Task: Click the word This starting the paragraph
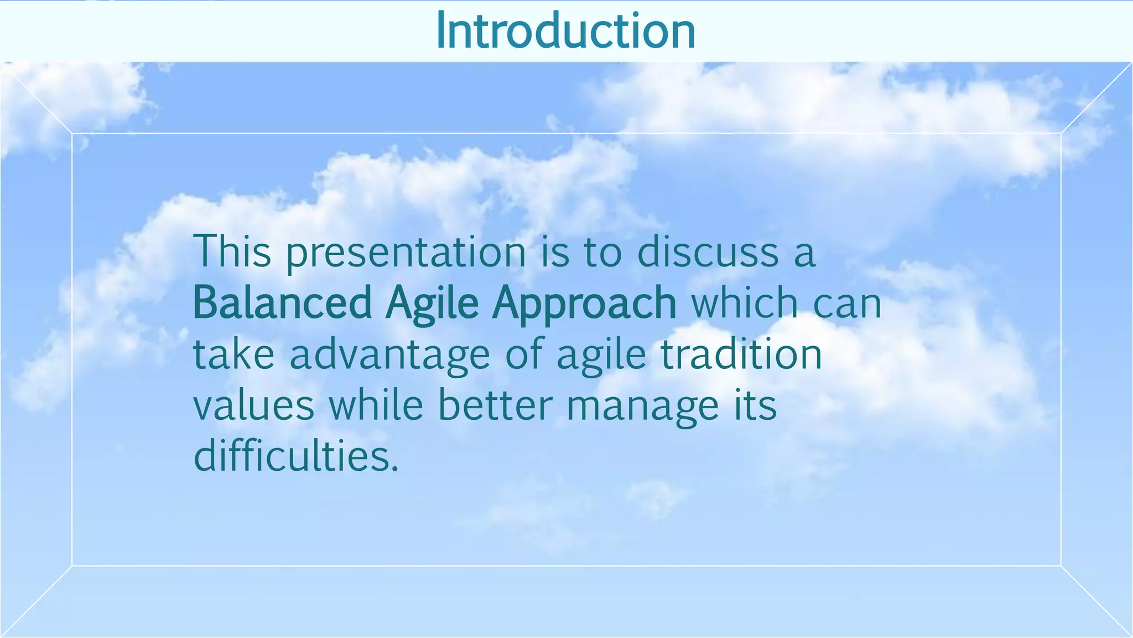(x=232, y=252)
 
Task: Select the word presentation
(x=406, y=253)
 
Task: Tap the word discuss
(x=708, y=252)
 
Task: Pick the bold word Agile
(x=432, y=304)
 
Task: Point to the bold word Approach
(x=584, y=304)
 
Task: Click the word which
(x=745, y=303)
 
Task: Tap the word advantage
(x=389, y=356)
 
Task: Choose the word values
(x=254, y=406)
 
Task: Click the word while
(x=376, y=405)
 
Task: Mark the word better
(x=495, y=405)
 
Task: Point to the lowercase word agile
(x=601, y=356)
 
